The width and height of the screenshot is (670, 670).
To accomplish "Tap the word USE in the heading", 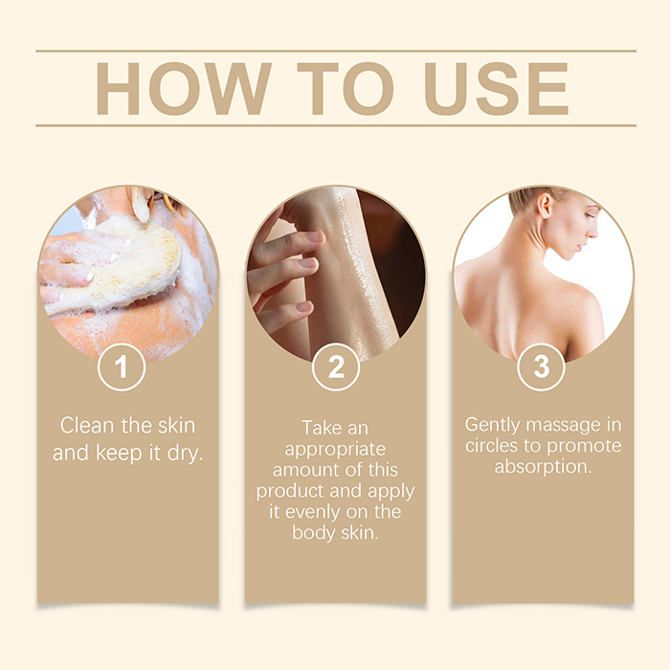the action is (x=496, y=89).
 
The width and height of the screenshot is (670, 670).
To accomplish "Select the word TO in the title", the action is (x=346, y=89).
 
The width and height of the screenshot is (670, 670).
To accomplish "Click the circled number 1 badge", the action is (x=122, y=367).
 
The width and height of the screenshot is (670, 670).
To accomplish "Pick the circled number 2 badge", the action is (x=336, y=367).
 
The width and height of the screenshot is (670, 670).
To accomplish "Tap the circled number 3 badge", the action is (x=541, y=367).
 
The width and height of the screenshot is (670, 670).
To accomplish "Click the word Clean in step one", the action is (x=87, y=426).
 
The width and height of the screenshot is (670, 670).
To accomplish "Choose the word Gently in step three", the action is (x=492, y=426).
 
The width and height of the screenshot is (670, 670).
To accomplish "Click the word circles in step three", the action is (x=492, y=446).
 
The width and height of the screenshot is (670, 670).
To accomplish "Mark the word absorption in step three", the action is (x=543, y=467).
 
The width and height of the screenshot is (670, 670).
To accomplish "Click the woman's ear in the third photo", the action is (x=545, y=206).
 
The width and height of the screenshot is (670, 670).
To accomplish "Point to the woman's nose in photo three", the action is (x=592, y=231).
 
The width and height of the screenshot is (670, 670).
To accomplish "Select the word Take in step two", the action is (x=318, y=428).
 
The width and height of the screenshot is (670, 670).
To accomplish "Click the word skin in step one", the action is (x=176, y=426).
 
